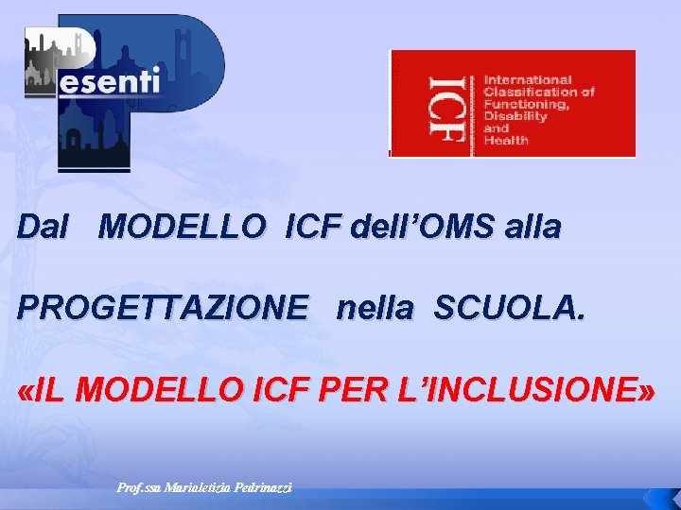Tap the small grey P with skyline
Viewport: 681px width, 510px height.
[59, 59]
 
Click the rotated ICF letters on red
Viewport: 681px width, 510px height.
[445, 105]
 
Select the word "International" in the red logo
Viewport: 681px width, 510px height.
[528, 80]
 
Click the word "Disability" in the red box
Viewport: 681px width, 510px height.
[515, 117]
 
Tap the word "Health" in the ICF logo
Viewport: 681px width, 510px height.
[506, 141]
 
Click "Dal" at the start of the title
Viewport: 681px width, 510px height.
[44, 228]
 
